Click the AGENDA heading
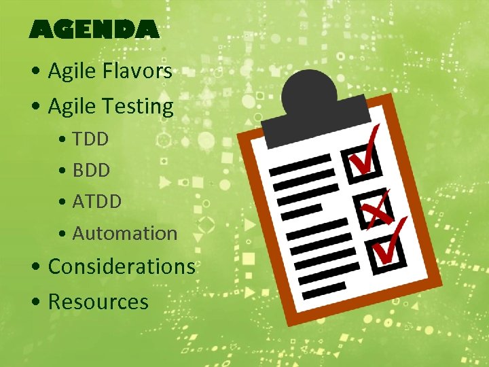[94, 29]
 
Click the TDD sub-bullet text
[90, 139]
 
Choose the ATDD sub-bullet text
[96, 201]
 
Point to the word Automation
[124, 233]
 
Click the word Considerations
[122, 266]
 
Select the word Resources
[98, 301]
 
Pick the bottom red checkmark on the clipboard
[391, 241]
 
